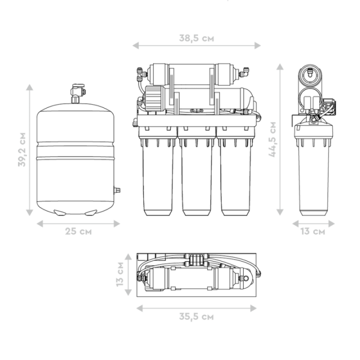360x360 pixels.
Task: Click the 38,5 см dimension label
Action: (x=196, y=38)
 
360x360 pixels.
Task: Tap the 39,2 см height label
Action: (x=22, y=149)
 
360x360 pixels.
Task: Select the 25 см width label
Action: (x=78, y=231)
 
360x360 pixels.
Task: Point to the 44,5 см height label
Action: (x=272, y=139)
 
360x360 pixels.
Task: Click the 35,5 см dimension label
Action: (x=196, y=316)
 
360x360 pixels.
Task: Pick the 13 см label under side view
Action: (x=313, y=231)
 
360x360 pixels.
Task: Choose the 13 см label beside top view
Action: (x=120, y=274)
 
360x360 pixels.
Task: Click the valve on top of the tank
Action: (x=77, y=93)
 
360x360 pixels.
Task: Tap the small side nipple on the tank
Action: (x=117, y=190)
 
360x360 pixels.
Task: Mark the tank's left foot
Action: (x=59, y=212)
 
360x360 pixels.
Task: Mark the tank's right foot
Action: (x=91, y=212)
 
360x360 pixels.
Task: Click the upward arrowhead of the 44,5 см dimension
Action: (x=280, y=66)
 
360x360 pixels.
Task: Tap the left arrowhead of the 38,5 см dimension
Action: (x=135, y=45)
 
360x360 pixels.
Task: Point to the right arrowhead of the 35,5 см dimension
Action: (x=253, y=308)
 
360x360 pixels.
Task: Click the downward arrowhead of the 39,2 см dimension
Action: (x=29, y=212)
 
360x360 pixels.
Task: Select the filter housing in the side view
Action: (x=313, y=170)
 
